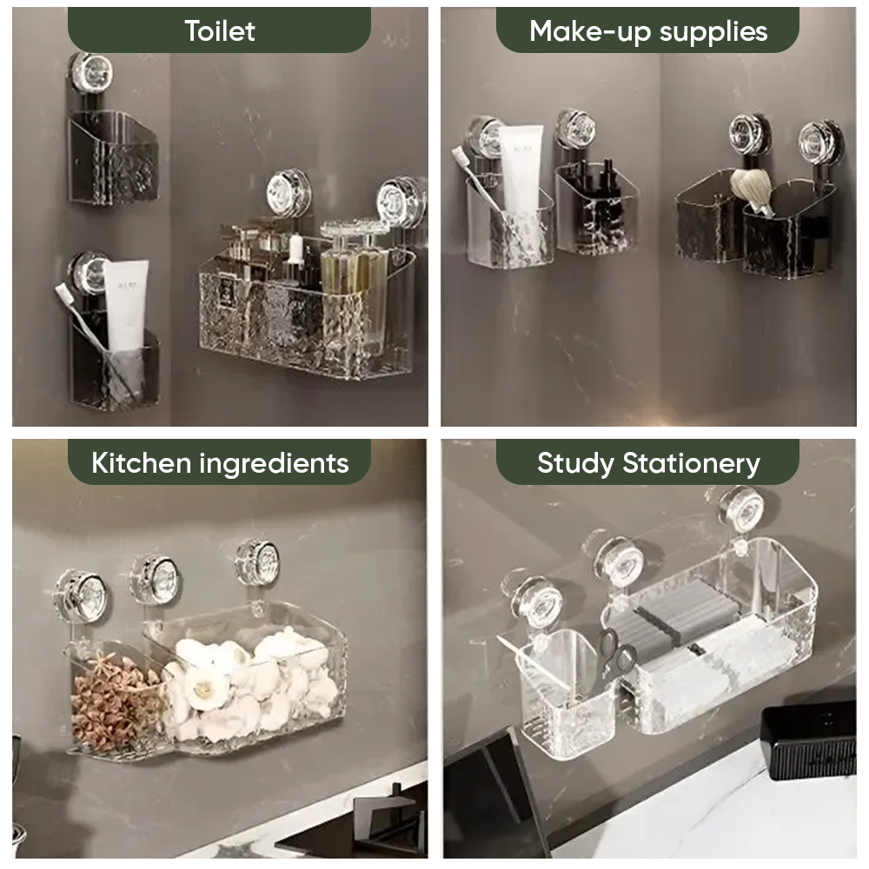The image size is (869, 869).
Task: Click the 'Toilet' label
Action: pyautogui.click(x=219, y=30)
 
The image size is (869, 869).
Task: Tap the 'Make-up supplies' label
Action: pyautogui.click(x=647, y=31)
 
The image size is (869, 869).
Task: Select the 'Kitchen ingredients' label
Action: pyautogui.click(x=219, y=462)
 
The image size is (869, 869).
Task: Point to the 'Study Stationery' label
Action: pyautogui.click(x=647, y=462)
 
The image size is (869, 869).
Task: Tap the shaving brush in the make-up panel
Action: pyautogui.click(x=751, y=190)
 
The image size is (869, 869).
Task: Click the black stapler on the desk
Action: pyautogui.click(x=808, y=739)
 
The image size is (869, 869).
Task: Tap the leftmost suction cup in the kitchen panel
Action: pyautogui.click(x=81, y=596)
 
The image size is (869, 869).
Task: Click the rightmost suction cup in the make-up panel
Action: pyautogui.click(x=819, y=141)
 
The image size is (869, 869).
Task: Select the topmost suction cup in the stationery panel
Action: pyautogui.click(x=741, y=508)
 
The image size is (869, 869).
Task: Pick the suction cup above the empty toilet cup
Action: pyautogui.click(x=91, y=72)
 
